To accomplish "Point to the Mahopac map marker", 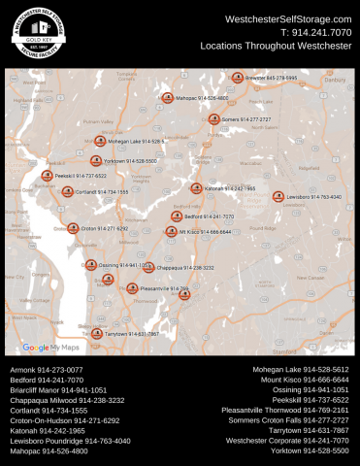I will (x=167, y=98).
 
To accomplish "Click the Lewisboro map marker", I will (x=278, y=196).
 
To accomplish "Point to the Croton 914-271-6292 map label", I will (x=104, y=229).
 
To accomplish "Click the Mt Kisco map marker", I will (x=171, y=232).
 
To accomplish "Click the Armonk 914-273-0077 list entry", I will (x=47, y=370).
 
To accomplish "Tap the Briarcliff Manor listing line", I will (x=58, y=389).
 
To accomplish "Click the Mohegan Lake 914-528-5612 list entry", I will (x=301, y=370).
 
